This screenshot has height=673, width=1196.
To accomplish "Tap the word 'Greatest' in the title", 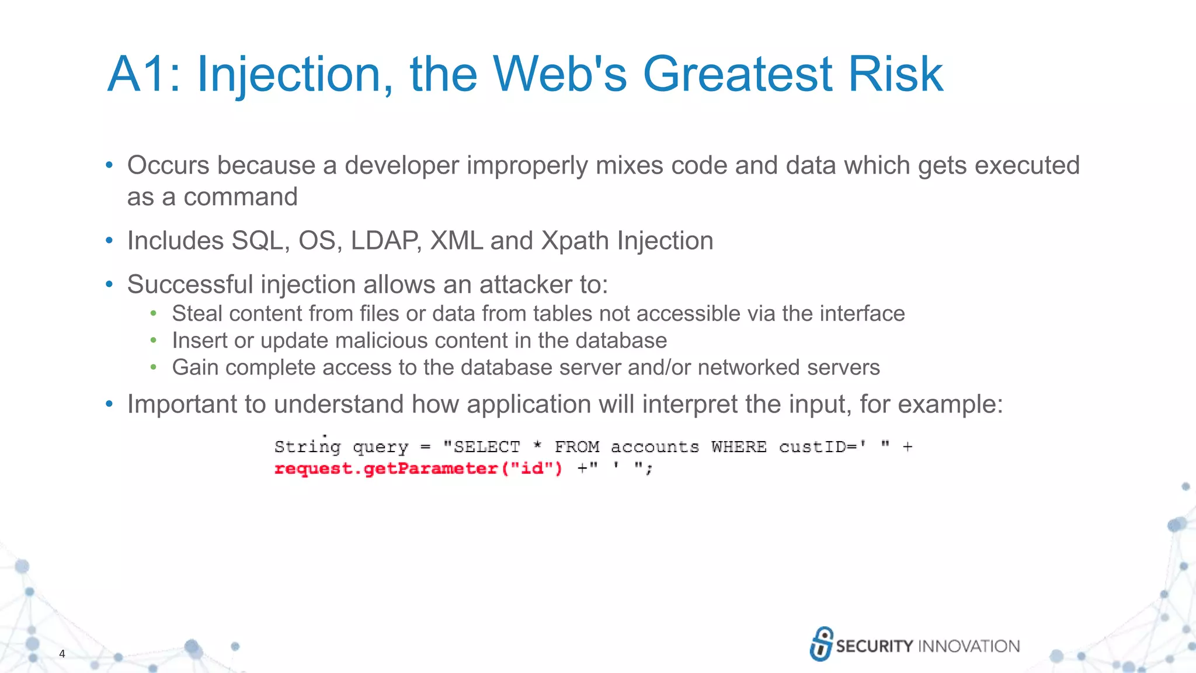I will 737,74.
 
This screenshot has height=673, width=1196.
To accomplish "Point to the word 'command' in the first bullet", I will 241,197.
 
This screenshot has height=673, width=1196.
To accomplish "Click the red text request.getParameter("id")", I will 418,469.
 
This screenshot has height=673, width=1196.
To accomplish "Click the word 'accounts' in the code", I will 655,447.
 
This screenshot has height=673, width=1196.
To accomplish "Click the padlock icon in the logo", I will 821,644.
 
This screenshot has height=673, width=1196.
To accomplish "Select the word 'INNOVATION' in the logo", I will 969,646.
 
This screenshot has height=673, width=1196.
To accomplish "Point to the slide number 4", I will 62,654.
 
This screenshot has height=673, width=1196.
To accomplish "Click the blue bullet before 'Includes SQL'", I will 109,241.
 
